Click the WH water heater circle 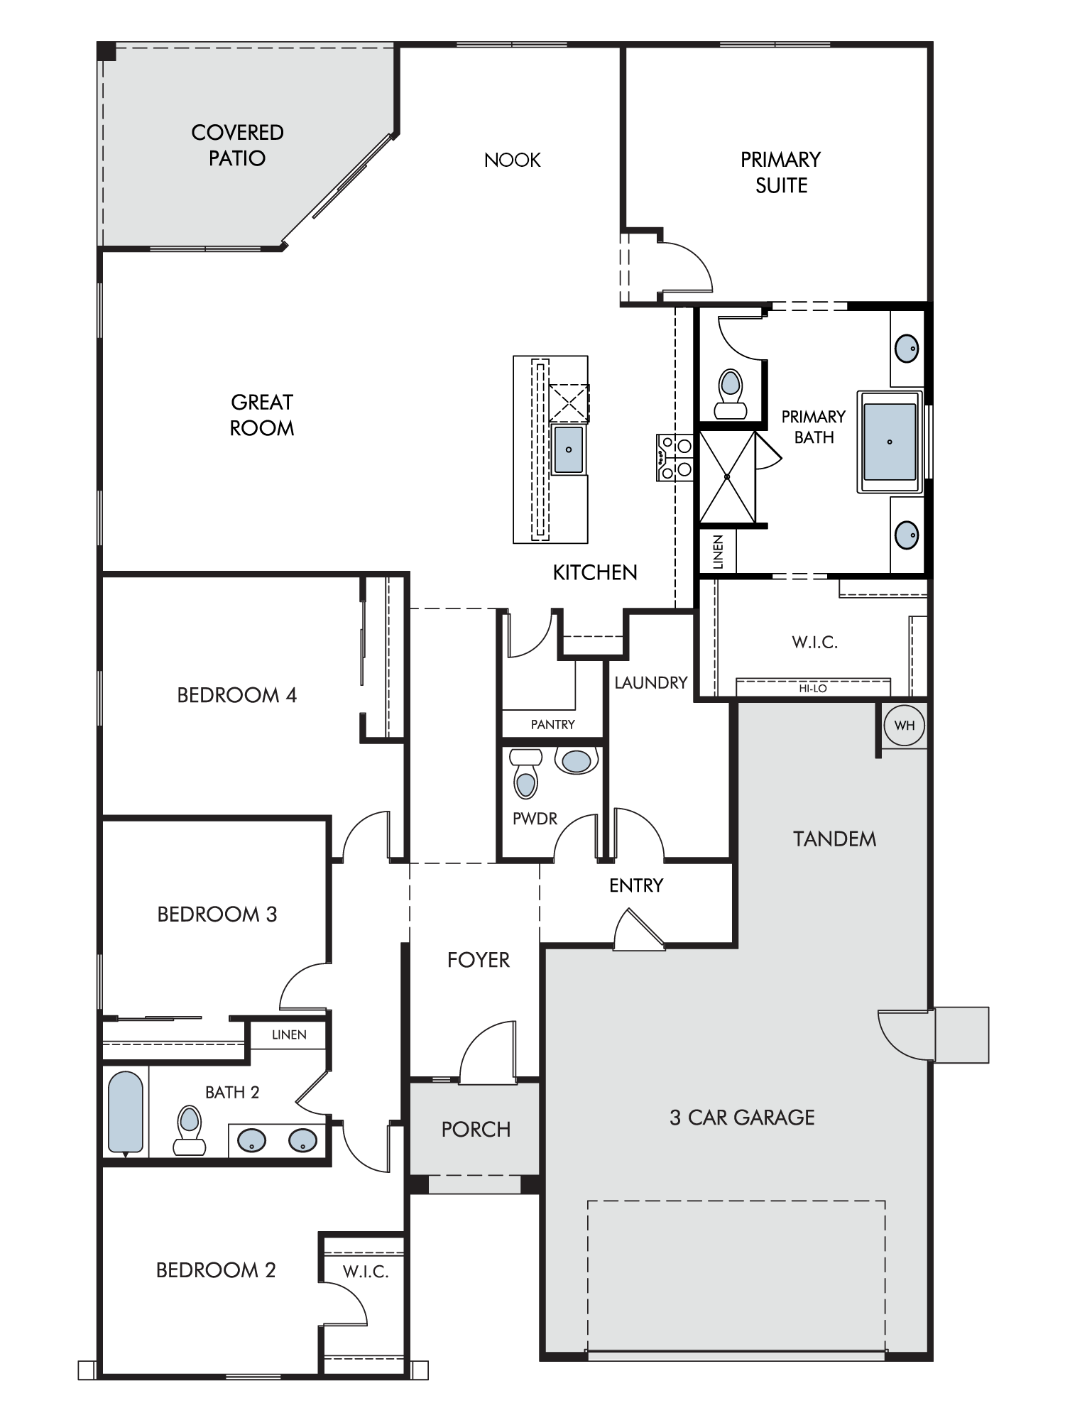(905, 726)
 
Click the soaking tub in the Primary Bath (890, 441)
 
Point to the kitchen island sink (569, 449)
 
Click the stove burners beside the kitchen (674, 458)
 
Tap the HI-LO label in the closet (813, 688)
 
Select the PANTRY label (553, 724)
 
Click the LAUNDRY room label (651, 682)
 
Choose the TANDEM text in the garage (835, 839)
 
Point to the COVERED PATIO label (237, 145)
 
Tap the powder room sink (577, 760)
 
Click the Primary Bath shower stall (728, 477)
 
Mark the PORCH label (476, 1130)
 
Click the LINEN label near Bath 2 (289, 1034)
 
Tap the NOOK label (512, 160)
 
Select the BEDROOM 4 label (236, 695)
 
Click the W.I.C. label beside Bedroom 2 (366, 1272)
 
